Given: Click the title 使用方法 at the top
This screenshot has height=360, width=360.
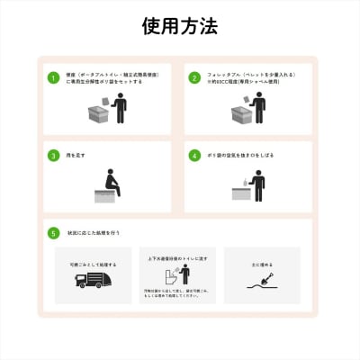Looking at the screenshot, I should [x=180, y=25].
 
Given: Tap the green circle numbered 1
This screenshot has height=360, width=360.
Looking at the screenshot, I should [x=54, y=78].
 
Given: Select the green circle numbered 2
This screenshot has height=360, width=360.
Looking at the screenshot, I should [x=193, y=78].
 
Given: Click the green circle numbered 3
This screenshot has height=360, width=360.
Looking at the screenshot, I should [x=54, y=155].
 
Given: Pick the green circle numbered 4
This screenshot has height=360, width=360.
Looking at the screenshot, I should [x=193, y=155].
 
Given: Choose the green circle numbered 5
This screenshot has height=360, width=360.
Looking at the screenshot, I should [x=54, y=232].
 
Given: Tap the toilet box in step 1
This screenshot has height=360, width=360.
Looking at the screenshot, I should [x=99, y=114].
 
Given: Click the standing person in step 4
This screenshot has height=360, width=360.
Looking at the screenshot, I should [x=259, y=184].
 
